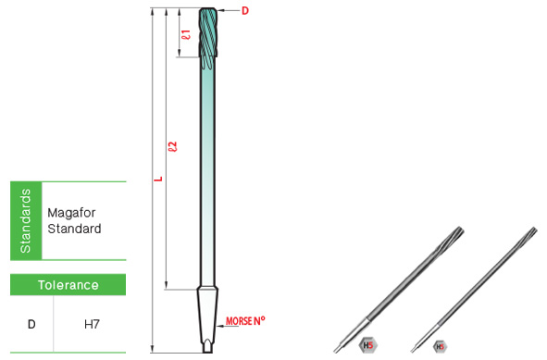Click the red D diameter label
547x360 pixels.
(245, 11)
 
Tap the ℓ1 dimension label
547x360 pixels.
(187, 34)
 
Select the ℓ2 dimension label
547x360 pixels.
(173, 146)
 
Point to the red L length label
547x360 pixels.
(158, 179)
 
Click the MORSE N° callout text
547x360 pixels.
(245, 320)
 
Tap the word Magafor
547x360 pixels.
(71, 213)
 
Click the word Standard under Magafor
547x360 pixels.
(74, 229)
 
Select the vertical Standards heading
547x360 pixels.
(26, 221)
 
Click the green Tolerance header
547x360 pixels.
(68, 285)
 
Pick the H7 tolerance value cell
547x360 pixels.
(92, 325)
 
